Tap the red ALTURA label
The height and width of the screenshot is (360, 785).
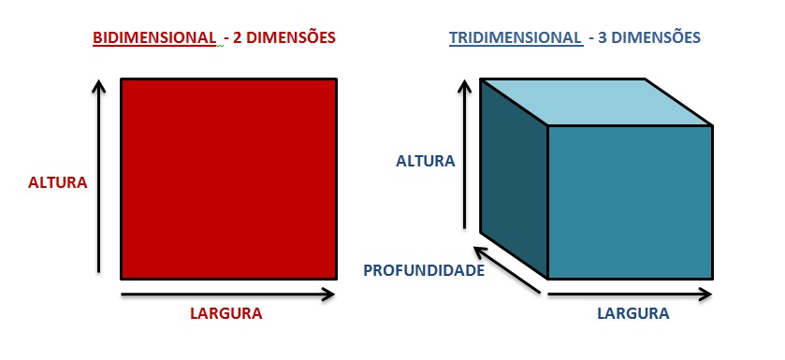[58, 182]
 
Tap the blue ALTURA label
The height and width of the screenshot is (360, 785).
[425, 161]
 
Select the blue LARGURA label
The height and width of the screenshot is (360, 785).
[632, 313]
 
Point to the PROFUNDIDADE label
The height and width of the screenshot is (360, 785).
[424, 271]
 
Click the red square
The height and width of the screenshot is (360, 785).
[228, 179]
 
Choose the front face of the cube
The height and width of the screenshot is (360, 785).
[630, 202]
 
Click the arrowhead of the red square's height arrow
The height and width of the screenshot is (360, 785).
[98, 87]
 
